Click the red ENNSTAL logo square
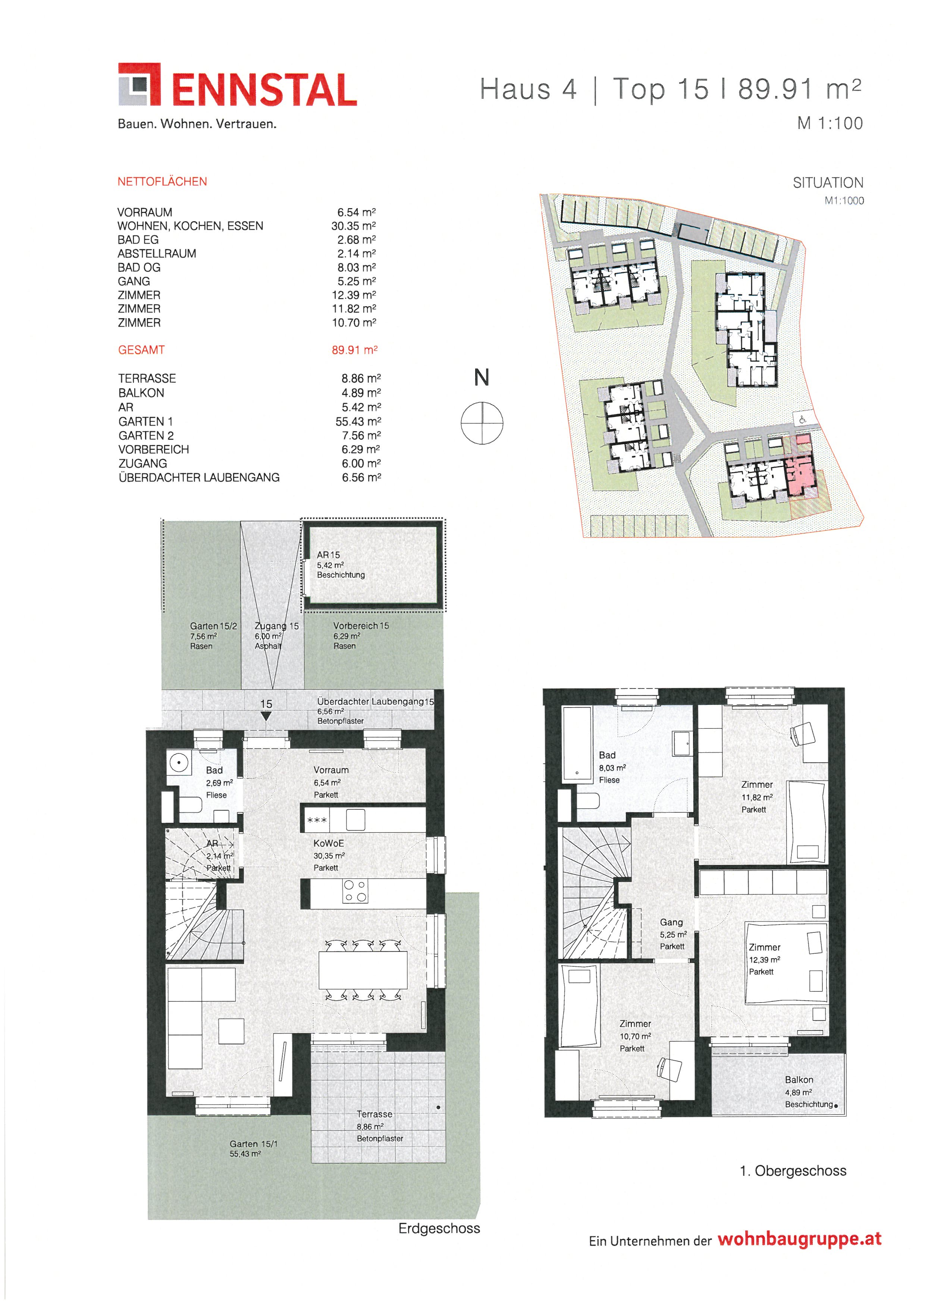tap(139, 84)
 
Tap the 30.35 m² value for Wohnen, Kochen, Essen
tap(353, 226)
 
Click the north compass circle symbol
tap(482, 422)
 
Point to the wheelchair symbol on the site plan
tap(802, 419)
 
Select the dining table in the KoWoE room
tap(363, 970)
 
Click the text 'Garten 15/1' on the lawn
tap(254, 1144)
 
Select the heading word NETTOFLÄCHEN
tap(162, 182)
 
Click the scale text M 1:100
tap(830, 123)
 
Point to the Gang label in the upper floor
tap(671, 922)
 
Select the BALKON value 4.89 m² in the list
tap(361, 392)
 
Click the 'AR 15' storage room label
tap(328, 554)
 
